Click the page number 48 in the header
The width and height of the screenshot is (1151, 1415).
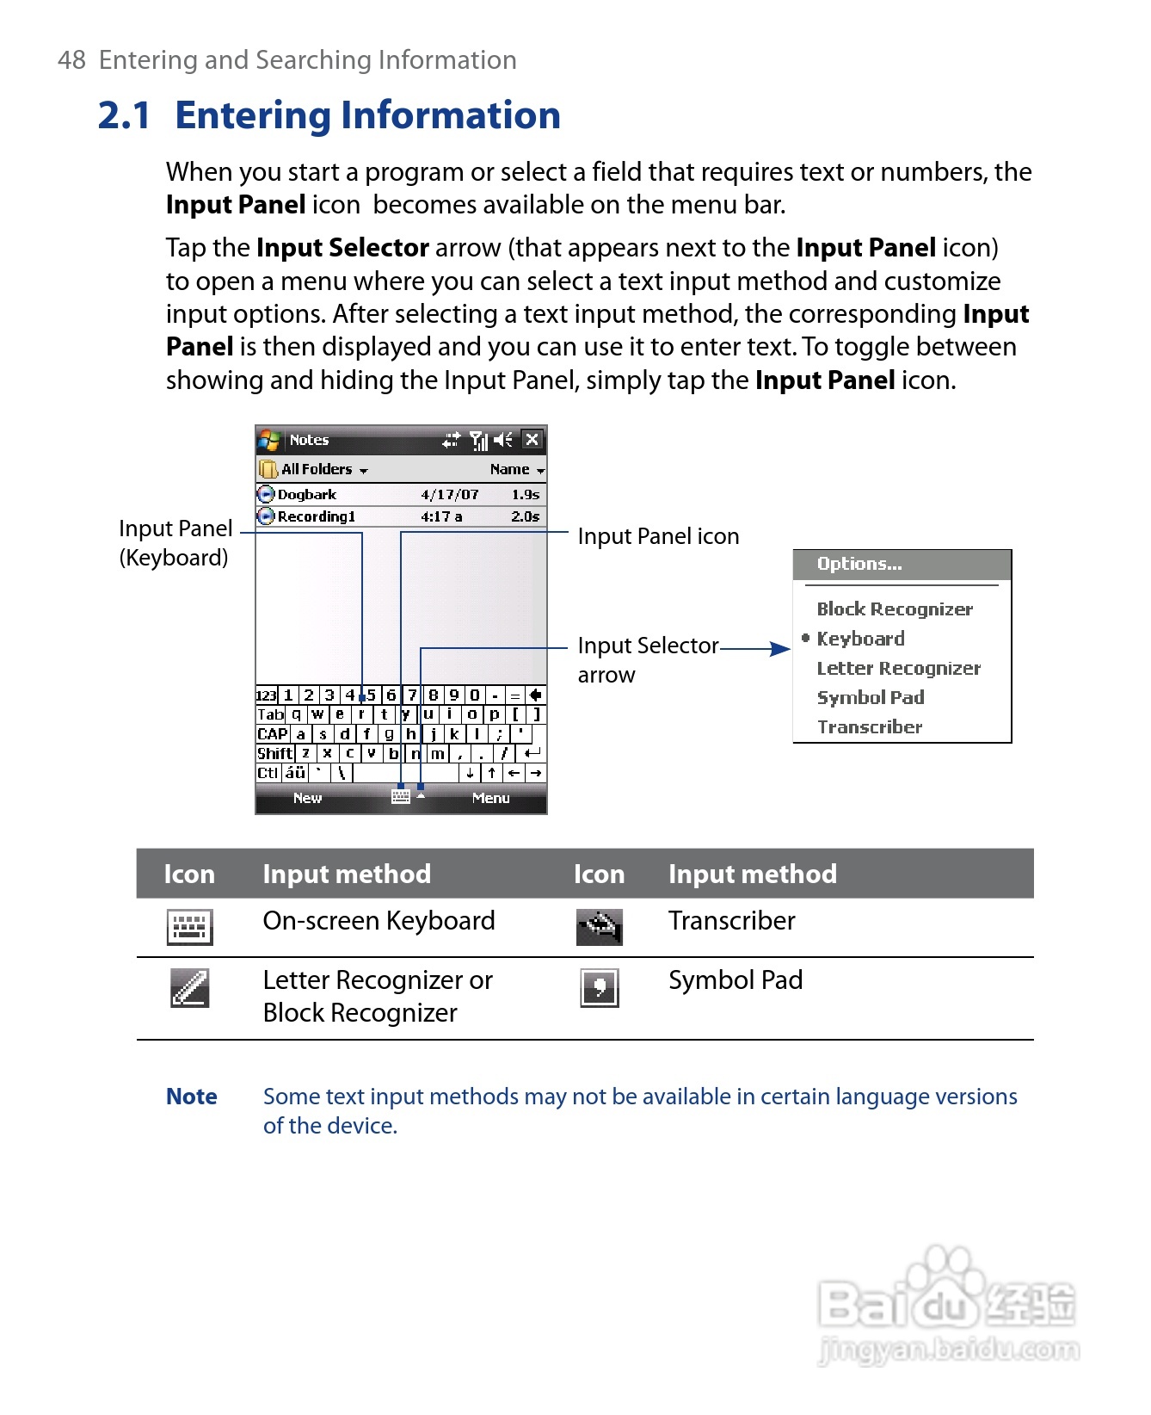[x=71, y=60]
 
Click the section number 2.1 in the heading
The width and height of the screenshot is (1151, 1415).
[x=125, y=115]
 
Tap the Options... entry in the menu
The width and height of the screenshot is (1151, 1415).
[x=859, y=564]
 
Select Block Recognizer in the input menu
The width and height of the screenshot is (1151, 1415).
[x=895, y=609]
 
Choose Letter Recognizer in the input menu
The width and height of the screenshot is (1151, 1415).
[x=898, y=668]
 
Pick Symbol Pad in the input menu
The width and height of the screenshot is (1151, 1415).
[x=871, y=697]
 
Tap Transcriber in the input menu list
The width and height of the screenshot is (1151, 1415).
[x=870, y=727]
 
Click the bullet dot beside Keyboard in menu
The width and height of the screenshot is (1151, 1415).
[x=806, y=638]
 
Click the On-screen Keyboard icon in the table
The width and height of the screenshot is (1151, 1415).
[x=189, y=927]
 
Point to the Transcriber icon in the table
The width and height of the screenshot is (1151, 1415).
[x=600, y=927]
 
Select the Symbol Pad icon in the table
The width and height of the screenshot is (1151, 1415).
[x=600, y=987]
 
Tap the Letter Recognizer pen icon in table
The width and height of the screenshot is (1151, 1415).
[x=189, y=988]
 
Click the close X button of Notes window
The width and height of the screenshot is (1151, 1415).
[x=532, y=440]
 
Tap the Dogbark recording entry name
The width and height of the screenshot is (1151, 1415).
[x=307, y=495]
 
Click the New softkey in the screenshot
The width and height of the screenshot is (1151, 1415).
[x=307, y=798]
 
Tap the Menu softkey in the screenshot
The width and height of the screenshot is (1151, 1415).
[x=490, y=798]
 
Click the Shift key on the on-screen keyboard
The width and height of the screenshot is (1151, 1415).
[x=275, y=753]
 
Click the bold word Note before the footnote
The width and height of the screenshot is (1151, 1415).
[x=191, y=1097]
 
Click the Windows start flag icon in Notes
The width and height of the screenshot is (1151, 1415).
[x=269, y=440]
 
